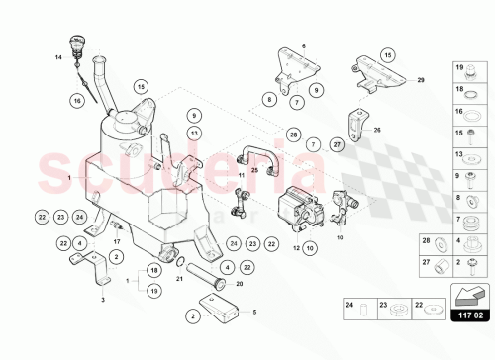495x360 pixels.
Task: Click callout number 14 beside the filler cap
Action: pyautogui.click(x=58, y=57)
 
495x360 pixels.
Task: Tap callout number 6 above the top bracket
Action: pyautogui.click(x=304, y=46)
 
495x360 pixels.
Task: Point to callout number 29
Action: pyautogui.click(x=419, y=78)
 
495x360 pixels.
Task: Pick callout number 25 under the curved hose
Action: pyautogui.click(x=253, y=169)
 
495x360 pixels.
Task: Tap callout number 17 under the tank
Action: pyautogui.click(x=116, y=240)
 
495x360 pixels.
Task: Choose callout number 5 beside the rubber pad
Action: pyautogui.click(x=254, y=313)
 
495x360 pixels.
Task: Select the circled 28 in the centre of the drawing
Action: pyautogui.click(x=293, y=134)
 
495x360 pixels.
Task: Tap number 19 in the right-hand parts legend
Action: pyautogui.click(x=459, y=68)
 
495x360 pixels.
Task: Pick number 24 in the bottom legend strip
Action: pyautogui.click(x=349, y=306)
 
